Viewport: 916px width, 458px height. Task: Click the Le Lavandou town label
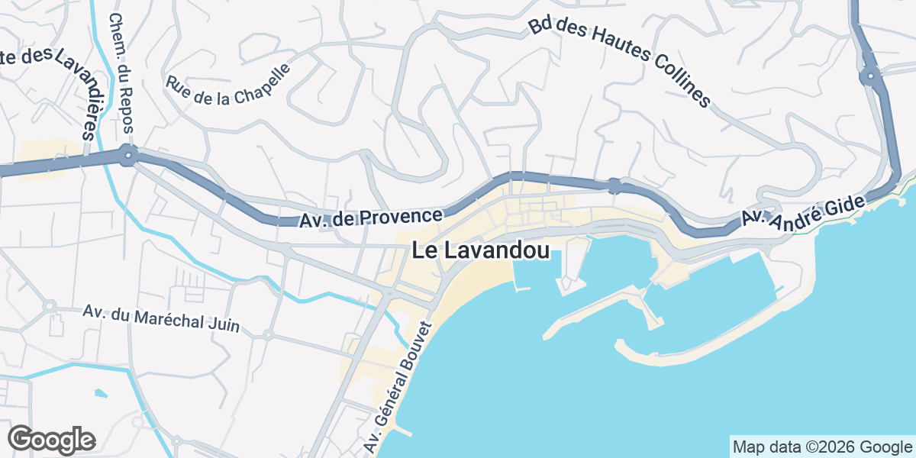tap(481, 250)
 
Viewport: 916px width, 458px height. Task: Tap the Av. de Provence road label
tap(371, 219)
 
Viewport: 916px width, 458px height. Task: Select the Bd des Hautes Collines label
tap(619, 62)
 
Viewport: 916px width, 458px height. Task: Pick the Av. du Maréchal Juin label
tap(161, 319)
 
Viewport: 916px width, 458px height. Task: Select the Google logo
tap(51, 440)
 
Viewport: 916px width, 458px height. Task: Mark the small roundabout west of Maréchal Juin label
tap(50, 307)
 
